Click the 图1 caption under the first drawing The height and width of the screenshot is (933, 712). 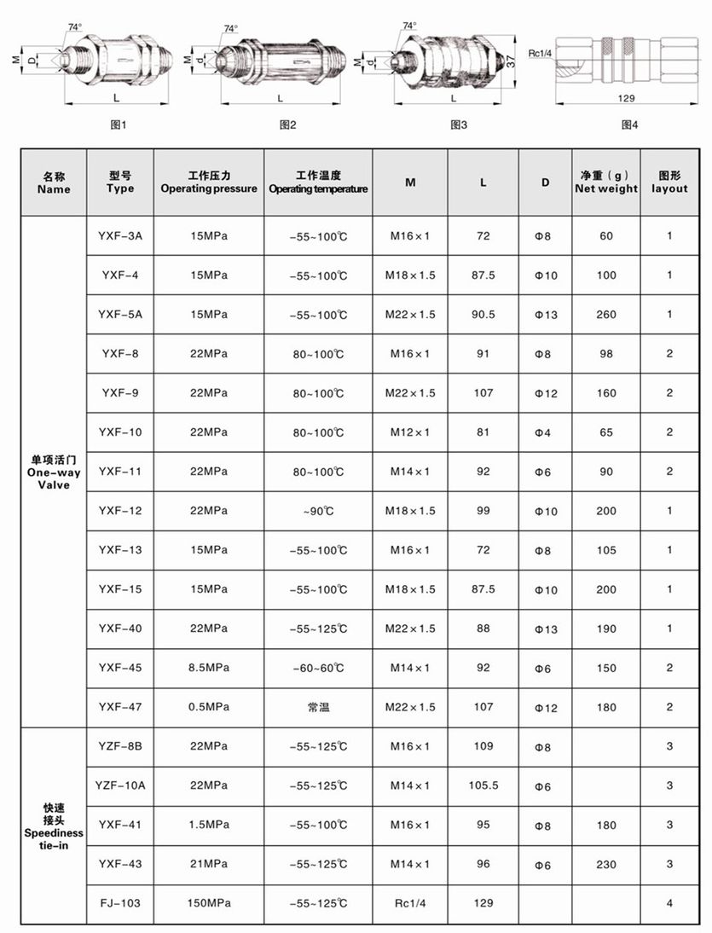point(119,125)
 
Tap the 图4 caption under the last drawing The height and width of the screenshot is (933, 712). point(630,125)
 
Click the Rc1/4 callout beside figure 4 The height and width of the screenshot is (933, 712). point(539,53)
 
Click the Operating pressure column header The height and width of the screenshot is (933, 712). point(209,182)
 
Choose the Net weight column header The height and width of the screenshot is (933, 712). point(605,182)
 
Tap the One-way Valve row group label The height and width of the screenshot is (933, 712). point(54,472)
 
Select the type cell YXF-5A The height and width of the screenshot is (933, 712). point(120,315)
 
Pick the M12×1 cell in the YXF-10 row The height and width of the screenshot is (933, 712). point(410,432)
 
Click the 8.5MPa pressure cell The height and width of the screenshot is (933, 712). point(209,668)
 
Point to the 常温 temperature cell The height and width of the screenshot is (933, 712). point(318,707)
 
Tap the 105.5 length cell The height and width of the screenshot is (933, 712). point(483,785)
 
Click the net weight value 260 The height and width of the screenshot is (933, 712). point(606,315)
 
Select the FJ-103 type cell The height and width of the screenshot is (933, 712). point(120,903)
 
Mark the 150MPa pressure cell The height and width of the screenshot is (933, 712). point(209,903)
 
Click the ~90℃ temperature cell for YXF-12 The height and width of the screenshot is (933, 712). point(318,511)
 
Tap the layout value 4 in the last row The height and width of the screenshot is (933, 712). point(669,903)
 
